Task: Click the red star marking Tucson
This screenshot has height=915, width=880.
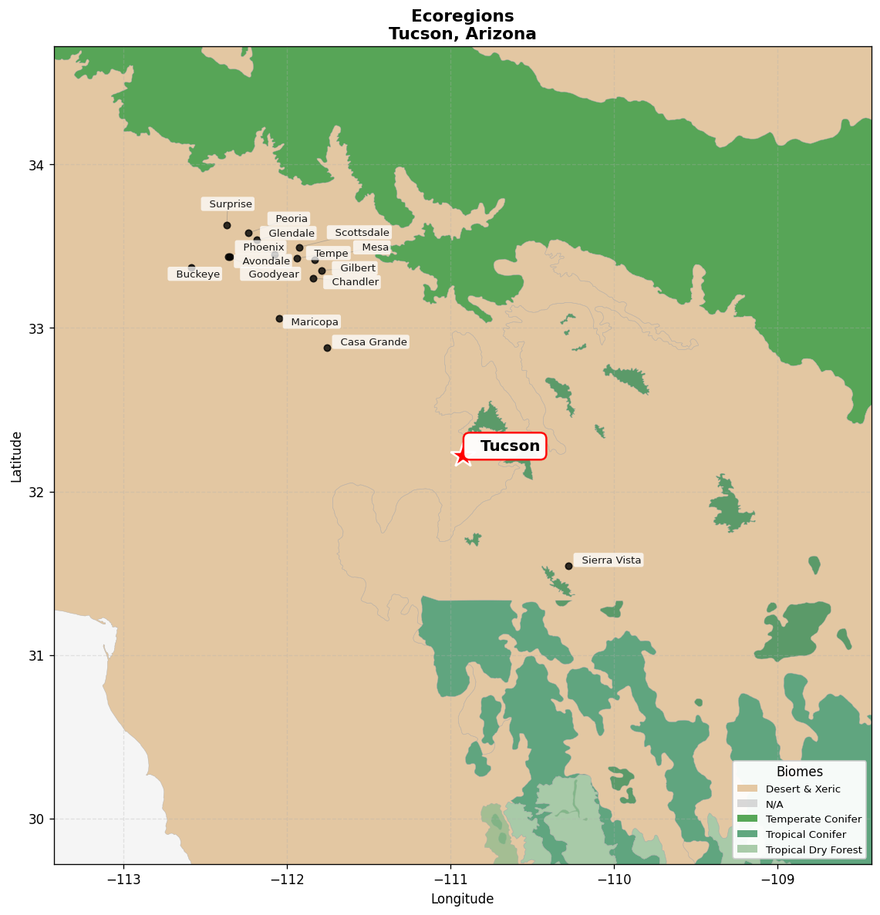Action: click(x=461, y=456)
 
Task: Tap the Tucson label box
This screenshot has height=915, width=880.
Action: click(x=505, y=446)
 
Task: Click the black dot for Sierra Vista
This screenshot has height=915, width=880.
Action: click(x=568, y=566)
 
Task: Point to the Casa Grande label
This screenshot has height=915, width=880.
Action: click(x=373, y=342)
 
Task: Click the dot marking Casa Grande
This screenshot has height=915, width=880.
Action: click(x=327, y=348)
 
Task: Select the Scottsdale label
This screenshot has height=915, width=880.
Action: click(x=362, y=233)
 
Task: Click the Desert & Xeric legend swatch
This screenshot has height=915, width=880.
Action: click(x=747, y=789)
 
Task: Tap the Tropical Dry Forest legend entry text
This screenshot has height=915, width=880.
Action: click(x=814, y=850)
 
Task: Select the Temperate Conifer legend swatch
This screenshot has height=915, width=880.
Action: click(x=747, y=819)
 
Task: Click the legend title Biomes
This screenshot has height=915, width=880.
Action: click(x=799, y=772)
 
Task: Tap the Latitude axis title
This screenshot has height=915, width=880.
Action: click(x=16, y=456)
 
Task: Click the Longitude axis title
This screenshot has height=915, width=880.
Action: click(x=462, y=899)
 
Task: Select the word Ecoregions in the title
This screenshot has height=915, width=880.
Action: click(x=462, y=16)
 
